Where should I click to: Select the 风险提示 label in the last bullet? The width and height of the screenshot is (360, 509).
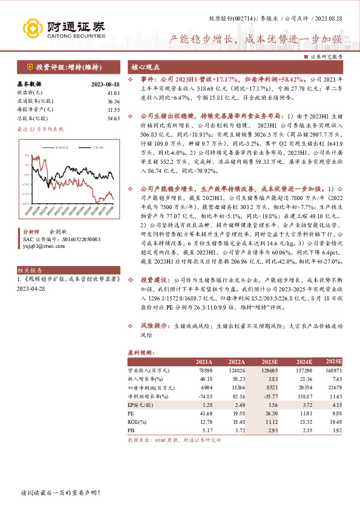pyautogui.click(x=155, y=325)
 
